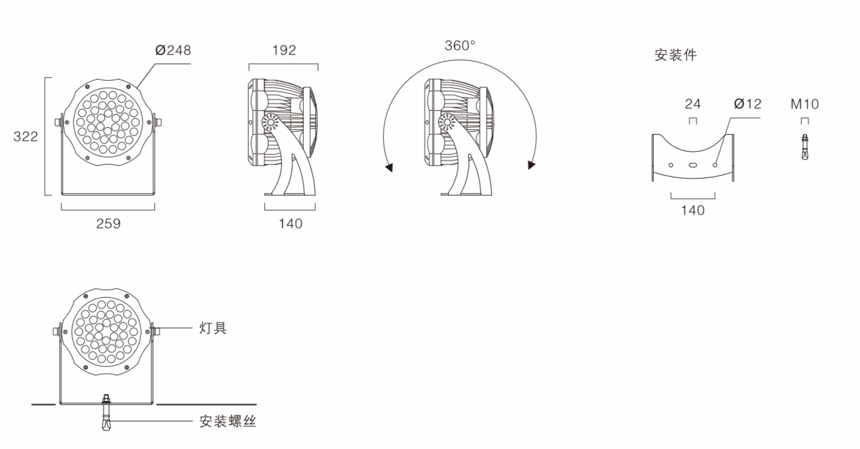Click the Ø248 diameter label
(173, 50)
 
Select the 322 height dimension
(26, 137)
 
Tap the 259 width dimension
(108, 224)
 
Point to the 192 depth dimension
(284, 50)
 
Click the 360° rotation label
(460, 46)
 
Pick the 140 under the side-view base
(290, 224)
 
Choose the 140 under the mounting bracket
(693, 210)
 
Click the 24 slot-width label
(693, 104)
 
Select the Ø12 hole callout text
(748, 104)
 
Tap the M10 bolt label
(805, 104)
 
